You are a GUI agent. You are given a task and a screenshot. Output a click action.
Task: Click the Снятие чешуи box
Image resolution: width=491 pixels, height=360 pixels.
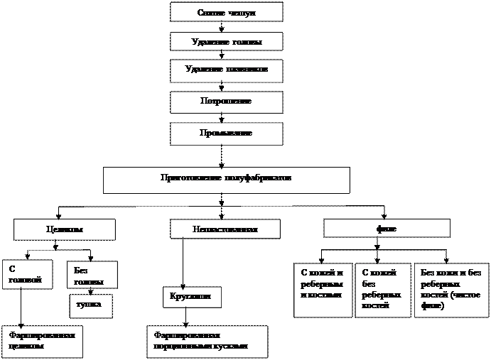(227, 13)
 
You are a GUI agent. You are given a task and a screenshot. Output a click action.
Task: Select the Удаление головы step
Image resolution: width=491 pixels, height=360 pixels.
(227, 42)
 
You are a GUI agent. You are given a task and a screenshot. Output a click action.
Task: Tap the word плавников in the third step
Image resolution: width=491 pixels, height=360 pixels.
(245, 70)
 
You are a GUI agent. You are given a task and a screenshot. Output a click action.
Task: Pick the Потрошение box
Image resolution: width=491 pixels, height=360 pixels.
(227, 102)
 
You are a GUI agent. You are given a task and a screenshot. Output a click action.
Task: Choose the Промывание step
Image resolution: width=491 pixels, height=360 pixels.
(227, 133)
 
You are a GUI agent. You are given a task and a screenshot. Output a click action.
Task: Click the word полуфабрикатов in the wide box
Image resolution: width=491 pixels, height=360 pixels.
(257, 178)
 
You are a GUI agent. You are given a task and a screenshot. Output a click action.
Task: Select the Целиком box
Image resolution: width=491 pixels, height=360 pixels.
(65, 229)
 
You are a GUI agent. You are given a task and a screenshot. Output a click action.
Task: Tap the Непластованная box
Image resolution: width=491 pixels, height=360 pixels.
(225, 229)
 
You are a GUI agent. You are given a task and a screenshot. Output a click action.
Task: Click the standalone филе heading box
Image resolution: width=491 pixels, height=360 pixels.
(387, 229)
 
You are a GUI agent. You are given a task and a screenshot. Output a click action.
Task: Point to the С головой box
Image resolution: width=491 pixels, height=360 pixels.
(27, 274)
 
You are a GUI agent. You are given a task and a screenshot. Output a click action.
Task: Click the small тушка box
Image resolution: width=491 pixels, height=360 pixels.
(90, 305)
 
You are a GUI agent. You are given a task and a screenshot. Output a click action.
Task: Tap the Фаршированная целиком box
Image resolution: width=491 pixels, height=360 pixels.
(42, 341)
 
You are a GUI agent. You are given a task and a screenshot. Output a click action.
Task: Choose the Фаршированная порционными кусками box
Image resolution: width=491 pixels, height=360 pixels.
(207, 341)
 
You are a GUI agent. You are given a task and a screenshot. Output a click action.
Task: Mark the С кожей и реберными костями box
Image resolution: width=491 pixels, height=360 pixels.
(323, 289)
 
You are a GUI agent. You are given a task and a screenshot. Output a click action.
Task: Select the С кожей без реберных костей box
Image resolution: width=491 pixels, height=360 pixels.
(383, 289)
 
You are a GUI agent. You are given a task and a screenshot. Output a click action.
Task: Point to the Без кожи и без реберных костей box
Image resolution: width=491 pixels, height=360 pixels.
(451, 289)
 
